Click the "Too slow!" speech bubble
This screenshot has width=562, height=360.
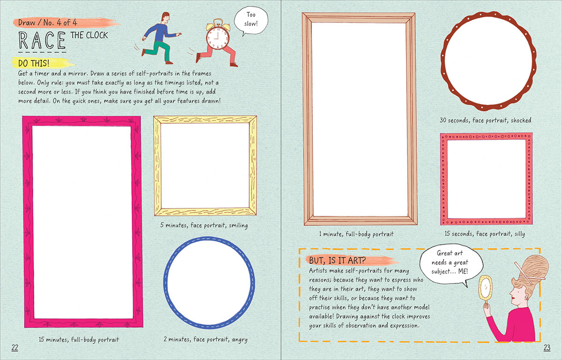(251, 20)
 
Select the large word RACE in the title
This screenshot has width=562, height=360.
(42, 40)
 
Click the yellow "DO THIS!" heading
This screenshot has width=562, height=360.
(34, 63)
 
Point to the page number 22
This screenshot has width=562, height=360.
(15, 348)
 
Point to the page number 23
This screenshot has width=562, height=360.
(547, 348)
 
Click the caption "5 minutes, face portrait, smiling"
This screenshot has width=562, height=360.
(204, 225)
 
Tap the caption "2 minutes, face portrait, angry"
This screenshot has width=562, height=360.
(206, 339)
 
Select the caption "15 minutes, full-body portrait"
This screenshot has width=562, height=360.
(79, 340)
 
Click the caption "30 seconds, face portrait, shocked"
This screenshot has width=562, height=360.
(485, 120)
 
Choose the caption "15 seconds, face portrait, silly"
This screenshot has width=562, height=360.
(485, 234)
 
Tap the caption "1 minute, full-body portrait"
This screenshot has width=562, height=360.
(356, 234)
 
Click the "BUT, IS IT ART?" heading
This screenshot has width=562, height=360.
(337, 260)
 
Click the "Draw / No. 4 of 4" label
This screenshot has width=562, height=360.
(48, 22)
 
